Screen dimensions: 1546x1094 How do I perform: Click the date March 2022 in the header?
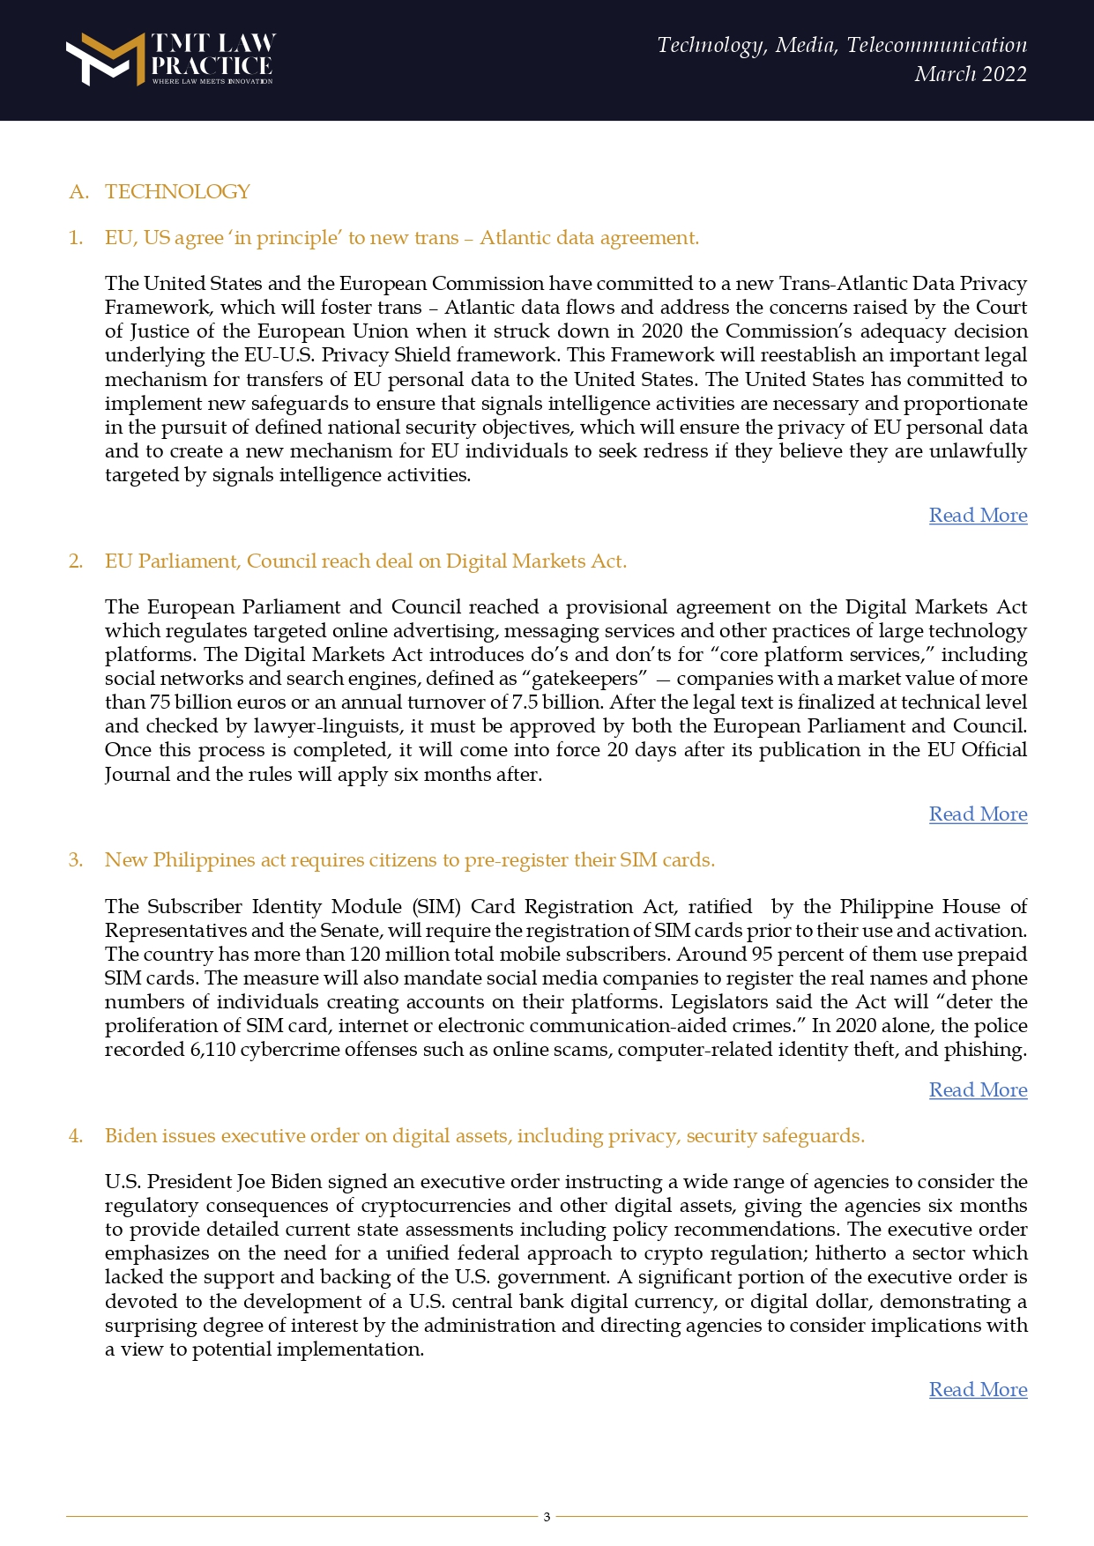point(970,74)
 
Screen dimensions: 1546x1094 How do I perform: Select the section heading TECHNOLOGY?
point(177,192)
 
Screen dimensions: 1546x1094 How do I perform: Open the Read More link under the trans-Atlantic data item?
point(978,516)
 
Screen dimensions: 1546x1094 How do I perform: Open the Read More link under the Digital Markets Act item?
point(978,814)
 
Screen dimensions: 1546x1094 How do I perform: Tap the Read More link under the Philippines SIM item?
point(978,1090)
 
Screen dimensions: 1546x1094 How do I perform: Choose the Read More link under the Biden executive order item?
point(978,1390)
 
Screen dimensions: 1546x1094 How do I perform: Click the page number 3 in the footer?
point(547,1517)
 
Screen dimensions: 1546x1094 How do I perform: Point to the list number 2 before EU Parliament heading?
point(76,561)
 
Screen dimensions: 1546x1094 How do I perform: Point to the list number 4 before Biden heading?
point(76,1136)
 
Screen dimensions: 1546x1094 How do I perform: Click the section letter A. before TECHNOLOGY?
point(78,192)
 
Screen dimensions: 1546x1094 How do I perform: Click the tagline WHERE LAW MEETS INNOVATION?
point(212,81)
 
